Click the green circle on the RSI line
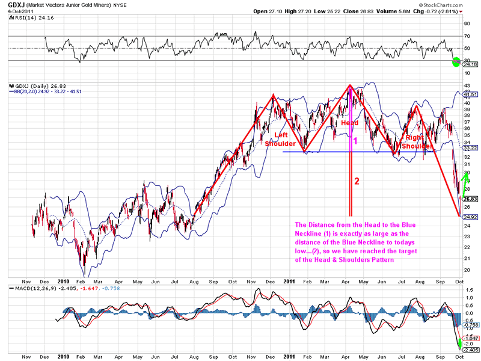point(456,61)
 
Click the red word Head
point(350,123)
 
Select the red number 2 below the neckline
point(357,181)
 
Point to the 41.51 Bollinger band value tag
point(470,94)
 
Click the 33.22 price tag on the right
point(470,147)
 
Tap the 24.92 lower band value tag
point(470,215)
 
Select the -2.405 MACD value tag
point(470,350)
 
